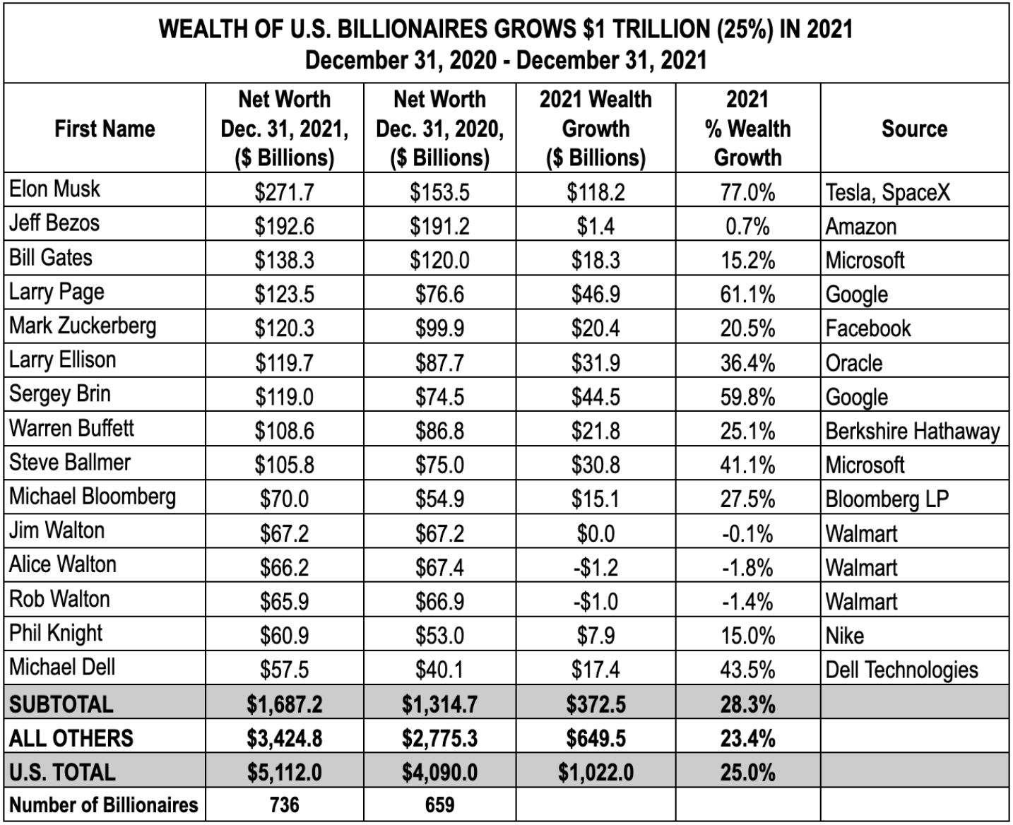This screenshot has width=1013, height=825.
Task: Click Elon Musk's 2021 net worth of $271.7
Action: (x=284, y=191)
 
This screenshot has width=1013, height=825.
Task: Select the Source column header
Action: (x=914, y=129)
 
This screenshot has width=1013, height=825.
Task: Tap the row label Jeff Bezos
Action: (x=54, y=223)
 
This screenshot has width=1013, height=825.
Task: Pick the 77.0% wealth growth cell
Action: (x=747, y=191)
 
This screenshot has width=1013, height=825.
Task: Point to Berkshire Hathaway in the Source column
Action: (x=912, y=431)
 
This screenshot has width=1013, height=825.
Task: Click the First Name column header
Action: (x=105, y=129)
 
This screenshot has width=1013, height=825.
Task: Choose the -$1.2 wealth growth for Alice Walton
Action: (x=596, y=567)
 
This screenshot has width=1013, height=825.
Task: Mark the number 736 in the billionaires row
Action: (x=284, y=805)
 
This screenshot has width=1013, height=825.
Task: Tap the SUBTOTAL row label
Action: (x=61, y=704)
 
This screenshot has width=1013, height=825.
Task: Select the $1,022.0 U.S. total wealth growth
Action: (x=596, y=772)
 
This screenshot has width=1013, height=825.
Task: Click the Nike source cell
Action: (x=845, y=636)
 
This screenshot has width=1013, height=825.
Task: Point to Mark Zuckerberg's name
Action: (x=83, y=326)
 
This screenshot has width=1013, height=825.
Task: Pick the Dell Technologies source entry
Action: (x=901, y=670)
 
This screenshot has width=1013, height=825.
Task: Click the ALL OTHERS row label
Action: (x=71, y=738)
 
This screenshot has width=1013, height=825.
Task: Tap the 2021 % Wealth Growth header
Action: (x=747, y=129)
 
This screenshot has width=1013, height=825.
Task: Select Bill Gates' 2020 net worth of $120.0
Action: (x=439, y=260)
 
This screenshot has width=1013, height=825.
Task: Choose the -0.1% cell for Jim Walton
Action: (x=747, y=533)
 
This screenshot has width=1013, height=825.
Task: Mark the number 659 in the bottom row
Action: (x=439, y=805)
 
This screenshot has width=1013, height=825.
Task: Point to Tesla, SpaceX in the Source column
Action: (x=888, y=191)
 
